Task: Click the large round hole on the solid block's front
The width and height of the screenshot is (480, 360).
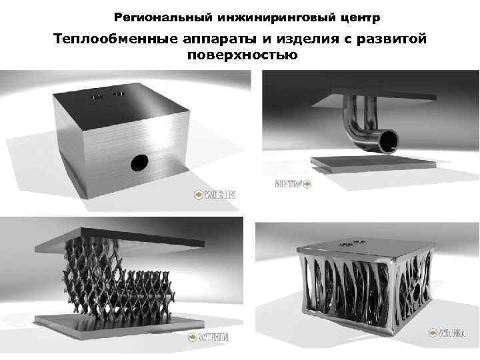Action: pyautogui.click(x=140, y=161)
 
